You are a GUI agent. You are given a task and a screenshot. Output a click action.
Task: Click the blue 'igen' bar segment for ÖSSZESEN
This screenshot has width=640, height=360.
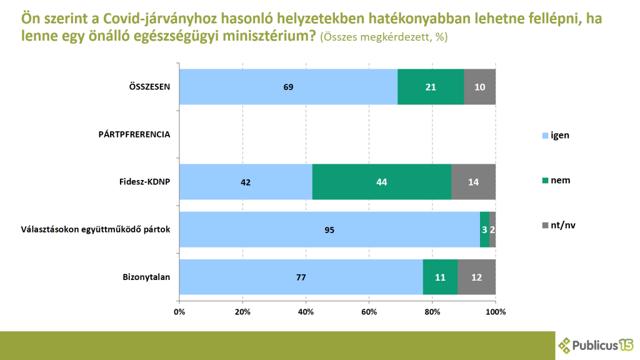pyautogui.click(x=288, y=86)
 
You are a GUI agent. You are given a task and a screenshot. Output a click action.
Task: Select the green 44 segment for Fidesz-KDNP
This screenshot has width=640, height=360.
pyautogui.click(x=381, y=182)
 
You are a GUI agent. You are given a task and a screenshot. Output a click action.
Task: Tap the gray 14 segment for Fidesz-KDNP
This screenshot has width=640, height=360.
pyautogui.click(x=473, y=182)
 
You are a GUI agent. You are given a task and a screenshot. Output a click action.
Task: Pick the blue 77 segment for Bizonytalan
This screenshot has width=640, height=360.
pyautogui.click(x=301, y=277)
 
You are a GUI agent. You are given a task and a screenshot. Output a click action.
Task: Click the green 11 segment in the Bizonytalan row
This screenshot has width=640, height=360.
pyautogui.click(x=440, y=277)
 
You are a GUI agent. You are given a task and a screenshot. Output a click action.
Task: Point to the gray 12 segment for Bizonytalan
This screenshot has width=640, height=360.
pyautogui.click(x=476, y=277)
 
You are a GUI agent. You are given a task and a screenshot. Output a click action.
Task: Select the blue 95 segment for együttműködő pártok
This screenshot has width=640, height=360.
pyautogui.click(x=329, y=229)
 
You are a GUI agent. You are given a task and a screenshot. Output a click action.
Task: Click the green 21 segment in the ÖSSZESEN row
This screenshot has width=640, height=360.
pyautogui.click(x=431, y=86)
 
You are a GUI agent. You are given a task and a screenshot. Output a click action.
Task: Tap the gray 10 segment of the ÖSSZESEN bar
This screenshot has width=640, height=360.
pyautogui.click(x=479, y=86)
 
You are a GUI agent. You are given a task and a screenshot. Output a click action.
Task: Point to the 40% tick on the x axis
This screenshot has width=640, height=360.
pyautogui.click(x=306, y=311)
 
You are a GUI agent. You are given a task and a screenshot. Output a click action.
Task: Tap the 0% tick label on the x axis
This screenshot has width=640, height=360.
pyautogui.click(x=179, y=311)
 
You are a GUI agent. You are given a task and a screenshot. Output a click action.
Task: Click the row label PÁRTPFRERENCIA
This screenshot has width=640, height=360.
pyautogui.click(x=134, y=134)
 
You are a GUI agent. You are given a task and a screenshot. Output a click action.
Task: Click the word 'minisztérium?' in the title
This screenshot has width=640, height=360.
pyautogui.click(x=262, y=36)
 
